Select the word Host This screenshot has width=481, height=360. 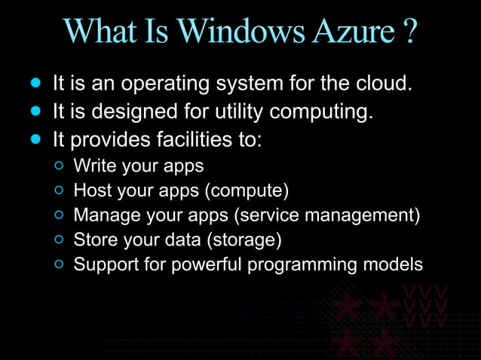pos(90,190)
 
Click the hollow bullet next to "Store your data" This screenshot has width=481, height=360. pos(60,241)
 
